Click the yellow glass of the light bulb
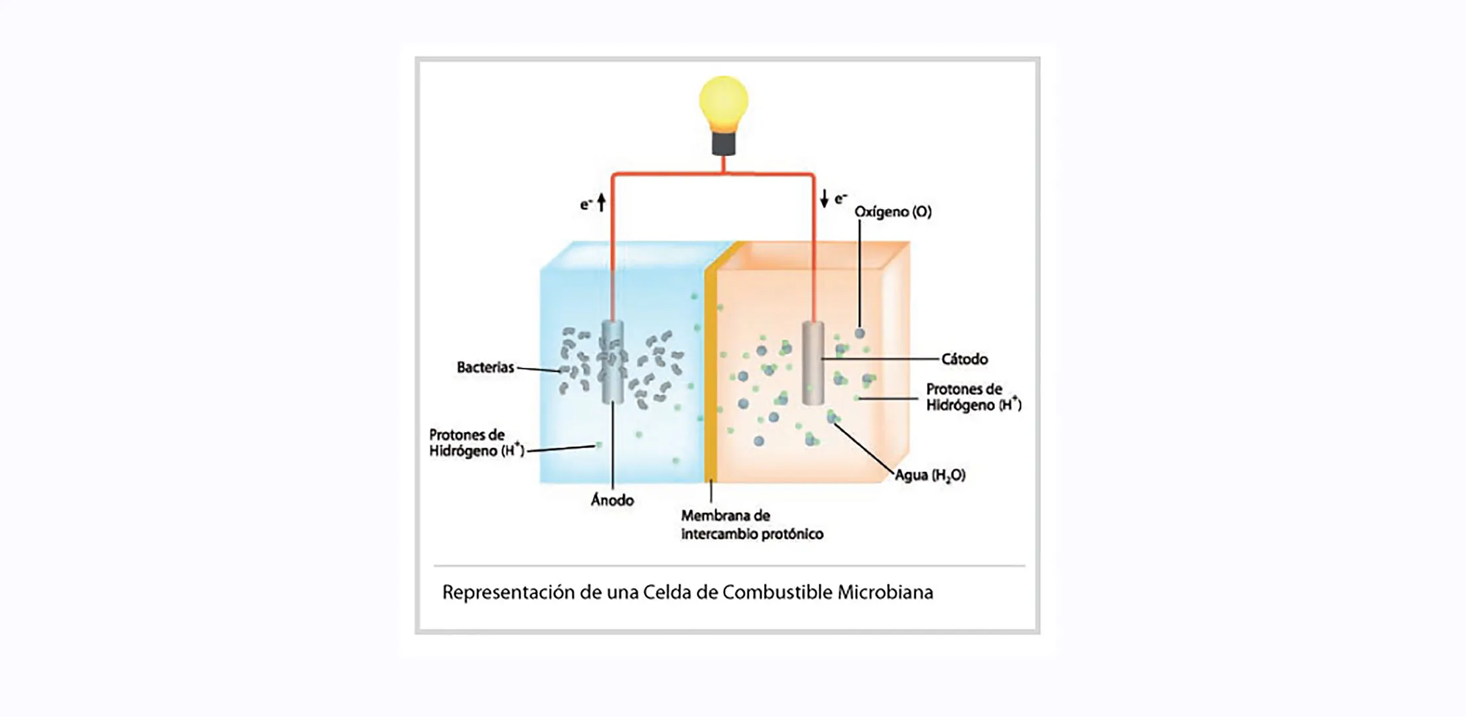coord(723,102)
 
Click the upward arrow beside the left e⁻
coord(602,202)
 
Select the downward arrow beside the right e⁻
coord(824,199)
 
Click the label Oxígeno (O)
coord(893,212)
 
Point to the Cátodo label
coord(965,359)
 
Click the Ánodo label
coord(612,500)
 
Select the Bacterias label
coord(485,367)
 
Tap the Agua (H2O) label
coord(930,475)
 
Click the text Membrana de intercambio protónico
coord(752,524)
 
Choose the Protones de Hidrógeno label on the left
coord(476,443)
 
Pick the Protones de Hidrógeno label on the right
coord(972,397)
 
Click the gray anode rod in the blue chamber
coord(612,362)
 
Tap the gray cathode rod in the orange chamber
coord(813,363)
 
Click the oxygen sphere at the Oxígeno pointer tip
coord(860,333)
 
